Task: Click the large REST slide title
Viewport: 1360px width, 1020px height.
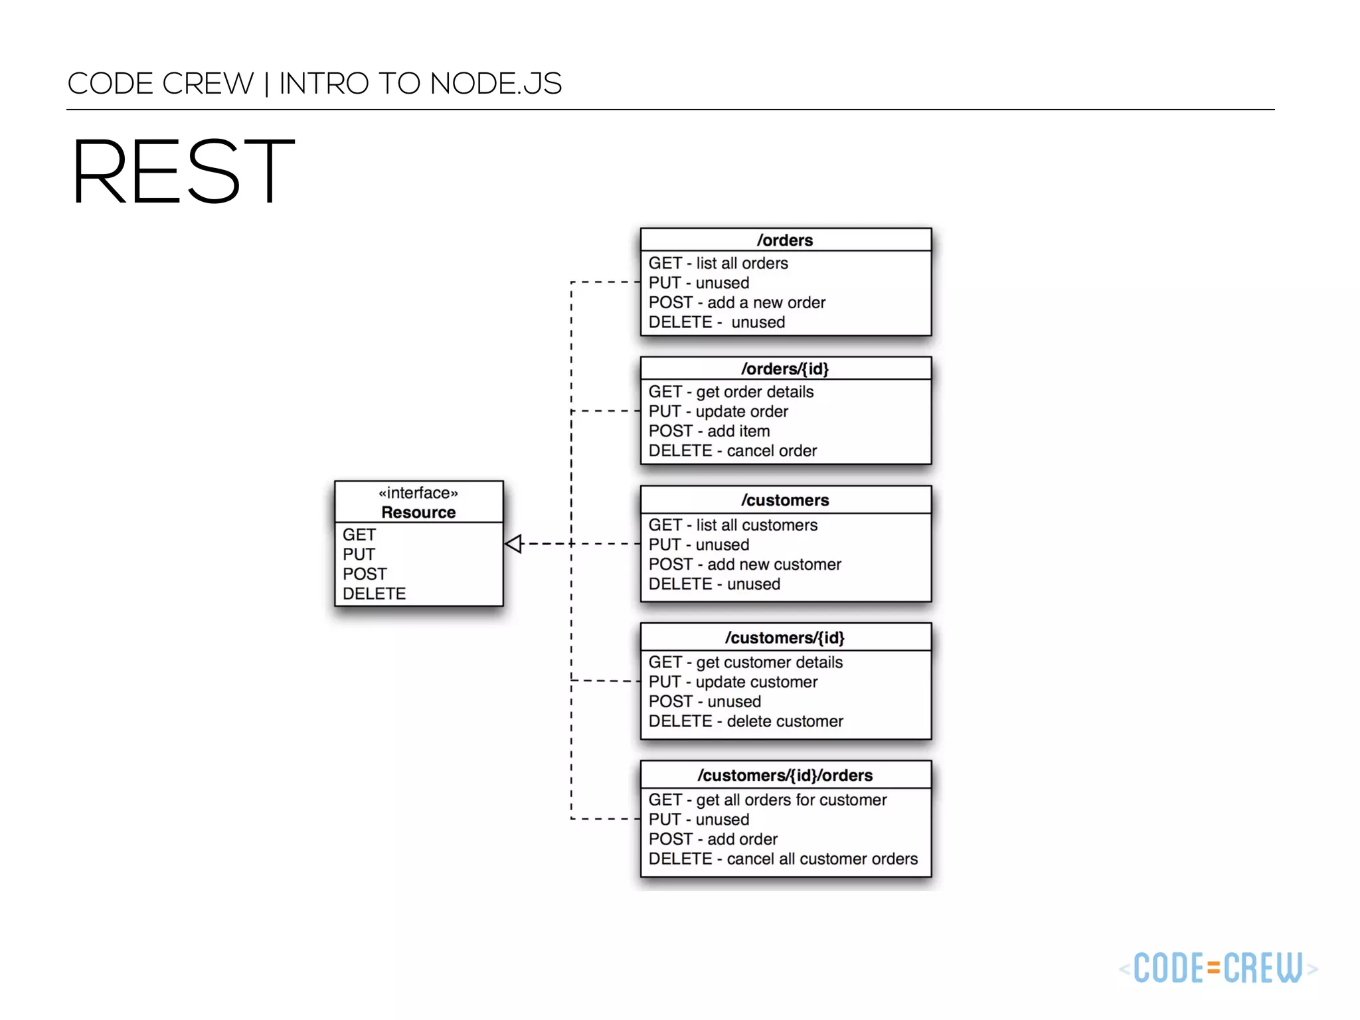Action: coord(183,171)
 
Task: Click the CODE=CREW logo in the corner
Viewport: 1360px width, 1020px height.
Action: coord(1218,968)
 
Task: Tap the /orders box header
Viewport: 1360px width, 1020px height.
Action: coord(785,240)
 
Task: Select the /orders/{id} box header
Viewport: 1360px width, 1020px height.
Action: coord(785,369)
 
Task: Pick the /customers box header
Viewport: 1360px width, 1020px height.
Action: coord(785,500)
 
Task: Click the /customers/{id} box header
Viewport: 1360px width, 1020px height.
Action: coord(785,637)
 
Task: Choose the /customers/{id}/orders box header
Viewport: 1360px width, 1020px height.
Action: coord(785,775)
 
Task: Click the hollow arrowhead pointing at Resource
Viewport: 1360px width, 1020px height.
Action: coord(513,544)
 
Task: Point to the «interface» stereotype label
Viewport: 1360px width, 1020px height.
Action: coord(418,493)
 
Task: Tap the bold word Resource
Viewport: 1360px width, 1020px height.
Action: coord(418,513)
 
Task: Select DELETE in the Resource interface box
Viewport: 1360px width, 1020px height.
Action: coord(374,594)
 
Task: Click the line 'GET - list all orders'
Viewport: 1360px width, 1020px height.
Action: coord(718,263)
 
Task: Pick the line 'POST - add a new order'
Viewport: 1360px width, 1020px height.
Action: coord(736,303)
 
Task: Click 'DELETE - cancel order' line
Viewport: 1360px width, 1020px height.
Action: coord(732,451)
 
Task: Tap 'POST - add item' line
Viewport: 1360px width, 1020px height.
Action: coord(709,431)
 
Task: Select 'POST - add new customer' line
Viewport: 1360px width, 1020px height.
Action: coord(744,564)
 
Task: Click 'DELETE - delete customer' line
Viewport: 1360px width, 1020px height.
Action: coord(746,721)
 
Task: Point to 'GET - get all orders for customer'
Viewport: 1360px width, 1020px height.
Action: coord(768,800)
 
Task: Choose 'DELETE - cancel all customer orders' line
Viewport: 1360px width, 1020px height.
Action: coord(783,859)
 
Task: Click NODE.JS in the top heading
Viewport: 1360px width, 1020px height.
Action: coord(495,84)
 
